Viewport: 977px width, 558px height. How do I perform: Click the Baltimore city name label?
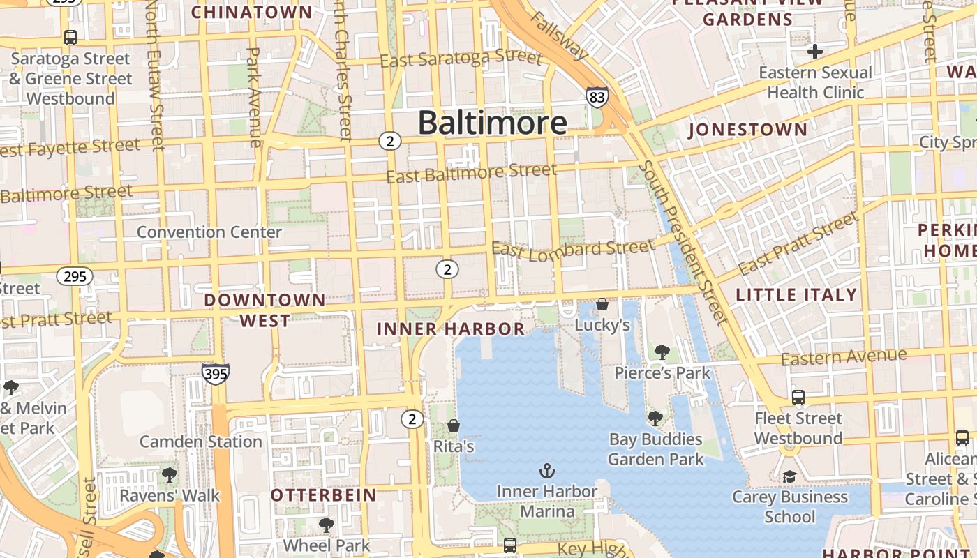tap(492, 123)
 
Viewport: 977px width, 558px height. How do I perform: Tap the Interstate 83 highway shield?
tap(597, 97)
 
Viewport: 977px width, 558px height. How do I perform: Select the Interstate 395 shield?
tap(216, 374)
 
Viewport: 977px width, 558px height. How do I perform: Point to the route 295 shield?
tap(75, 276)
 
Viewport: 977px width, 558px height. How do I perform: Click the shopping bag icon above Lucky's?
tap(602, 304)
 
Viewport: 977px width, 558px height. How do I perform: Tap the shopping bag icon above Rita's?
tap(454, 425)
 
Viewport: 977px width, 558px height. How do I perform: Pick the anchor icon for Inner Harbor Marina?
tap(547, 471)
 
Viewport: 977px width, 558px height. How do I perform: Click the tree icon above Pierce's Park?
tap(662, 352)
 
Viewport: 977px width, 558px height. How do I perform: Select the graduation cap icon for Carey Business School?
tap(789, 476)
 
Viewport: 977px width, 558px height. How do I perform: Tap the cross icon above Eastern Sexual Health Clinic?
tap(814, 51)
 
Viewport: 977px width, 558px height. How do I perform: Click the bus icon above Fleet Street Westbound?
tap(798, 398)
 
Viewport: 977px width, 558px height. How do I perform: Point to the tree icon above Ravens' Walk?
tap(169, 475)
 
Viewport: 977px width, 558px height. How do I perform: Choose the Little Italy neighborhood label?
tap(796, 294)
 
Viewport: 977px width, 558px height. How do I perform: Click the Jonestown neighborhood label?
tap(747, 130)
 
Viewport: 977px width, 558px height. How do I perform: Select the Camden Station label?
tap(201, 442)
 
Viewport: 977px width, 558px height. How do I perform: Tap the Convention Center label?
tap(209, 232)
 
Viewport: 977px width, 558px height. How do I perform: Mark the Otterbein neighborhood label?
tap(323, 495)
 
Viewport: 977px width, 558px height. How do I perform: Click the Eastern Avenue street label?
tap(844, 357)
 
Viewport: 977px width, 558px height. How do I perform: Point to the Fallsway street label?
tap(559, 35)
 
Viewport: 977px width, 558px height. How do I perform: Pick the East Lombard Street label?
tap(574, 248)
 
